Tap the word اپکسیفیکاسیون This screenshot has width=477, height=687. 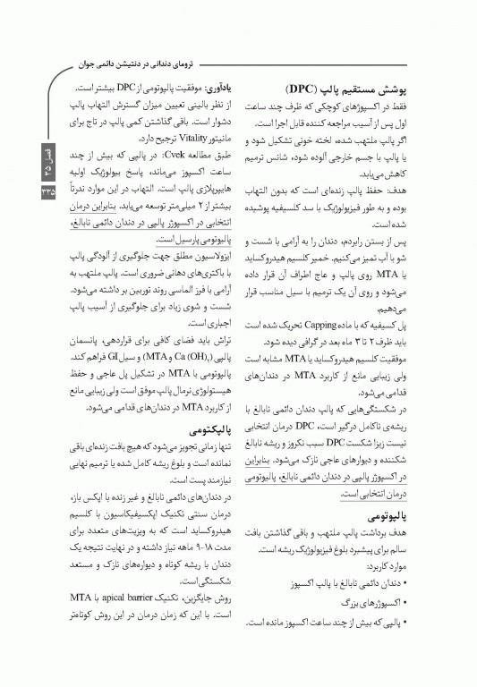pos(128,513)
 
